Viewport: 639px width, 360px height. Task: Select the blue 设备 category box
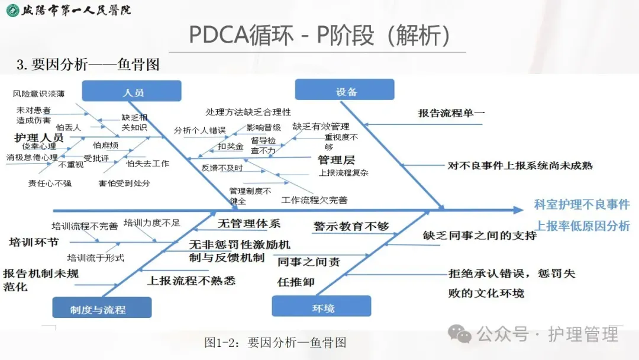pyautogui.click(x=345, y=91)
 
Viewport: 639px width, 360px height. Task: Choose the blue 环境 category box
pyautogui.click(x=321, y=307)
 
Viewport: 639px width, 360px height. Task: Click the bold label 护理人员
pyautogui.click(x=38, y=137)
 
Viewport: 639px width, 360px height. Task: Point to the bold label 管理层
pyautogui.click(x=336, y=159)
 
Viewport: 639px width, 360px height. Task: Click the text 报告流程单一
pyautogui.click(x=448, y=113)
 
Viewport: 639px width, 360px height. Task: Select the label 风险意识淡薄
pyautogui.click(x=39, y=94)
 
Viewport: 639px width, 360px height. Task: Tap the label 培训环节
pyautogui.click(x=34, y=242)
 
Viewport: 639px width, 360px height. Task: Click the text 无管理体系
pyautogui.click(x=248, y=224)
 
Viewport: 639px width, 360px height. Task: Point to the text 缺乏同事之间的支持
pyautogui.click(x=479, y=235)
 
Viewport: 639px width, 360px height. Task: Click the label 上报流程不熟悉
pyautogui.click(x=191, y=280)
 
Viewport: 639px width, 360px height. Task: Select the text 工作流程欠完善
pyautogui.click(x=314, y=200)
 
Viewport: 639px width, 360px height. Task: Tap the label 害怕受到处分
pyautogui.click(x=124, y=183)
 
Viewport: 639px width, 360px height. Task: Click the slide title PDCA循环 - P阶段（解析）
pyautogui.click(x=319, y=35)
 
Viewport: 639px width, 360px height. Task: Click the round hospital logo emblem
pyautogui.click(x=12, y=10)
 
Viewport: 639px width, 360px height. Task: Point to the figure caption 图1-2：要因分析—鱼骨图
pyautogui.click(x=275, y=342)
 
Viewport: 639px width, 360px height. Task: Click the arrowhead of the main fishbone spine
pyautogui.click(x=519, y=210)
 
